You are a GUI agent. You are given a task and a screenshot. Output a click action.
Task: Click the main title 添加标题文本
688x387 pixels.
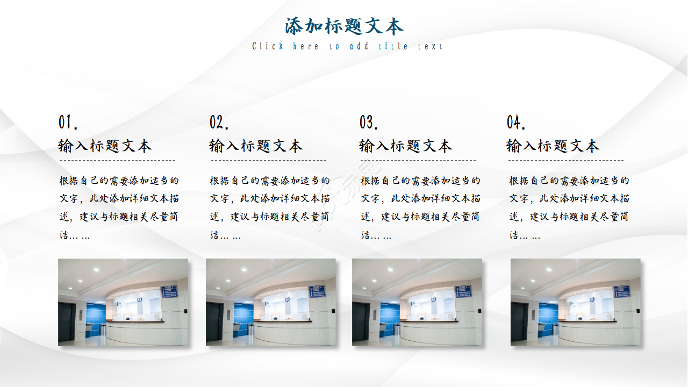pos(344,26)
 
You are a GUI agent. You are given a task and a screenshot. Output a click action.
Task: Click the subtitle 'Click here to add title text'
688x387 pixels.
pos(347,47)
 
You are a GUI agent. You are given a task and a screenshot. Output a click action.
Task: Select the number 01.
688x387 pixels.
pos(68,123)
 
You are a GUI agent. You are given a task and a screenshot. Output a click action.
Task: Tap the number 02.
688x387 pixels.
pos(219,123)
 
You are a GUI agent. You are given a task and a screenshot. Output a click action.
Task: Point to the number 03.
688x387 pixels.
pos(369,123)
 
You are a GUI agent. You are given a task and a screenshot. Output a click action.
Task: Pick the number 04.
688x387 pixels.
pos(516,123)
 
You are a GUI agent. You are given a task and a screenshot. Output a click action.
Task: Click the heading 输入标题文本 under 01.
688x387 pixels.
pos(105,146)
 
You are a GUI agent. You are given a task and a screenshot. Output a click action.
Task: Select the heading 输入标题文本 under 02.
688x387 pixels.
pos(255,146)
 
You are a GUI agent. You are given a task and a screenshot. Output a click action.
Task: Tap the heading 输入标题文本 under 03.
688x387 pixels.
pos(405,146)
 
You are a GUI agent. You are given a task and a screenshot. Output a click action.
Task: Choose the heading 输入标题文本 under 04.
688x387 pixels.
pos(553,146)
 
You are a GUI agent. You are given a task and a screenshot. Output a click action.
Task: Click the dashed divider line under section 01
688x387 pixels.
pos(118,160)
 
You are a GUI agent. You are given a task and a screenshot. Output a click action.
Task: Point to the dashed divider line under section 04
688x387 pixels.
pos(566,160)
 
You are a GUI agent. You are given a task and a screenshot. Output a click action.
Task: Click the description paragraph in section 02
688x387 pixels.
pos(270,207)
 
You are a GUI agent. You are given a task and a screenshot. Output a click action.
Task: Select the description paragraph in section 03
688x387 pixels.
pos(421,207)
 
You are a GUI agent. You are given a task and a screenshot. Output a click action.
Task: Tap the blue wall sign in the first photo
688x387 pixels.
pos(169,291)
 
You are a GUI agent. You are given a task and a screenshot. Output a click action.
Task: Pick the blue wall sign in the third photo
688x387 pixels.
pos(463,291)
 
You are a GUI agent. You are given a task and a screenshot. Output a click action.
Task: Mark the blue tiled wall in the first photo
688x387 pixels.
pos(96,317)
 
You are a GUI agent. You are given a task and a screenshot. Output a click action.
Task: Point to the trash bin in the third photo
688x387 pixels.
pos(397,329)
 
